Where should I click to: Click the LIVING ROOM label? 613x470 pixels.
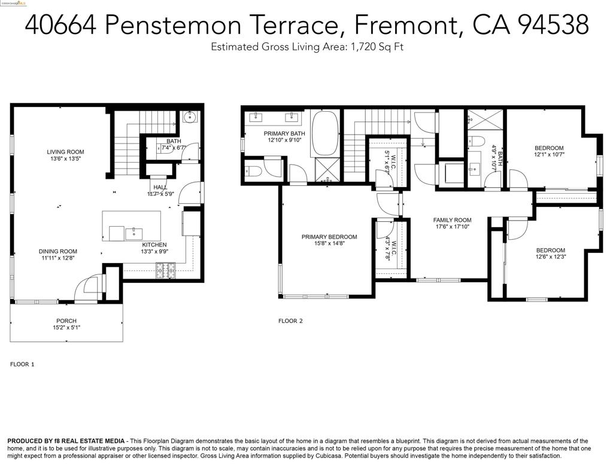coord(66,152)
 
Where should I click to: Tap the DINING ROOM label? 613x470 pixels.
coord(58,251)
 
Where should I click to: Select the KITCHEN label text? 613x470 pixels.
coord(154,245)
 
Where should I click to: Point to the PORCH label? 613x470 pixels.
coord(66,321)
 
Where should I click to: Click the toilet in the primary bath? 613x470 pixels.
coord(251,171)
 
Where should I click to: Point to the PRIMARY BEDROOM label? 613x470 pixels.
coord(329,237)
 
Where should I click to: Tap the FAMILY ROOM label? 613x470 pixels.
coord(453,220)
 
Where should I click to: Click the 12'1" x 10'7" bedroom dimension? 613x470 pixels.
coord(549,154)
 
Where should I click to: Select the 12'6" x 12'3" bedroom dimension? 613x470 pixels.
coord(550,257)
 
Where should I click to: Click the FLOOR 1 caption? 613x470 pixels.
coord(23,364)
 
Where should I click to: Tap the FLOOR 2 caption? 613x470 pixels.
coord(290,321)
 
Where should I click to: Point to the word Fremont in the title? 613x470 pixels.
coord(407,25)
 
